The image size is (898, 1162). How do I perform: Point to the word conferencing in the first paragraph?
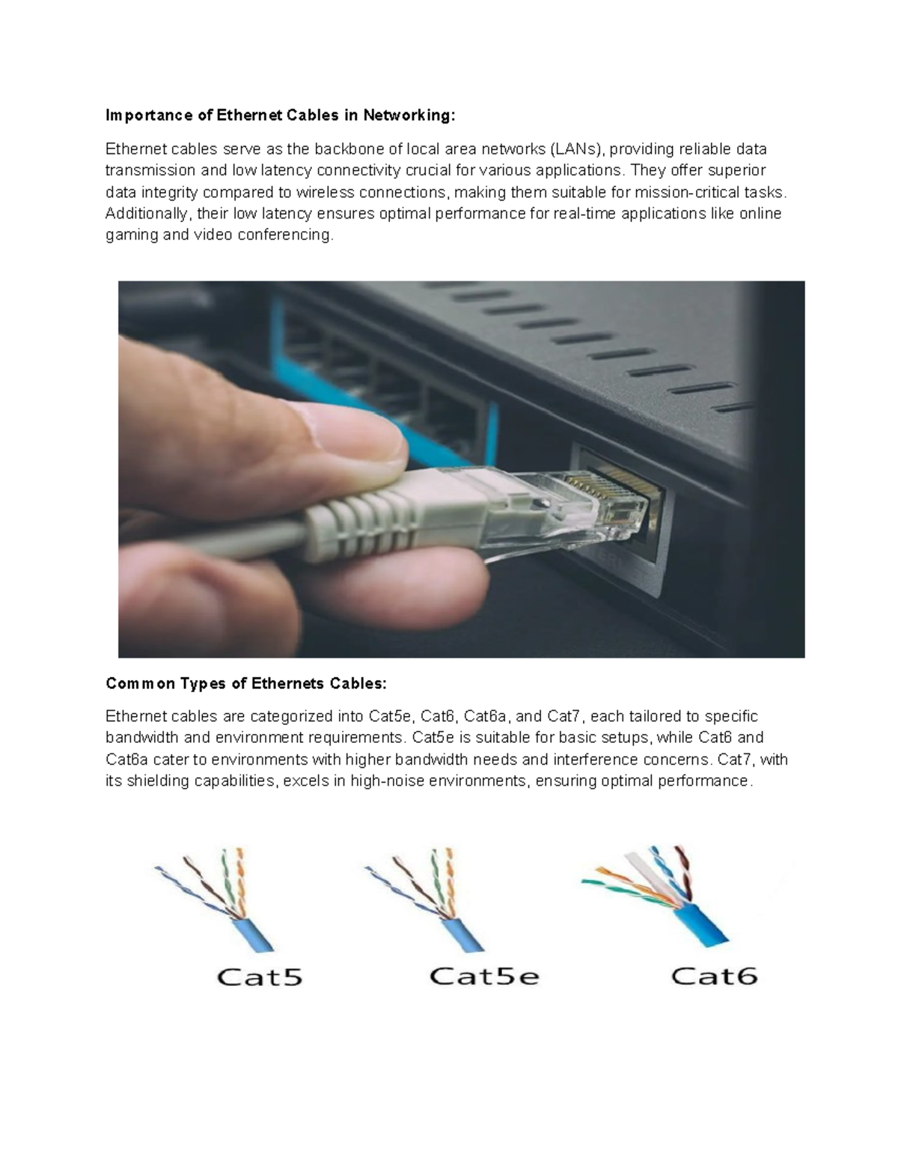point(284,235)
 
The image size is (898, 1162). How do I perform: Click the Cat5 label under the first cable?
point(259,976)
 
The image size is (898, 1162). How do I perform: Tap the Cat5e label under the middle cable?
point(483,976)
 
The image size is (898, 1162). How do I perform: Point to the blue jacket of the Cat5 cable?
point(253,930)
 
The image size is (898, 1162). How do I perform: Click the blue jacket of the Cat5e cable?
point(462,930)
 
